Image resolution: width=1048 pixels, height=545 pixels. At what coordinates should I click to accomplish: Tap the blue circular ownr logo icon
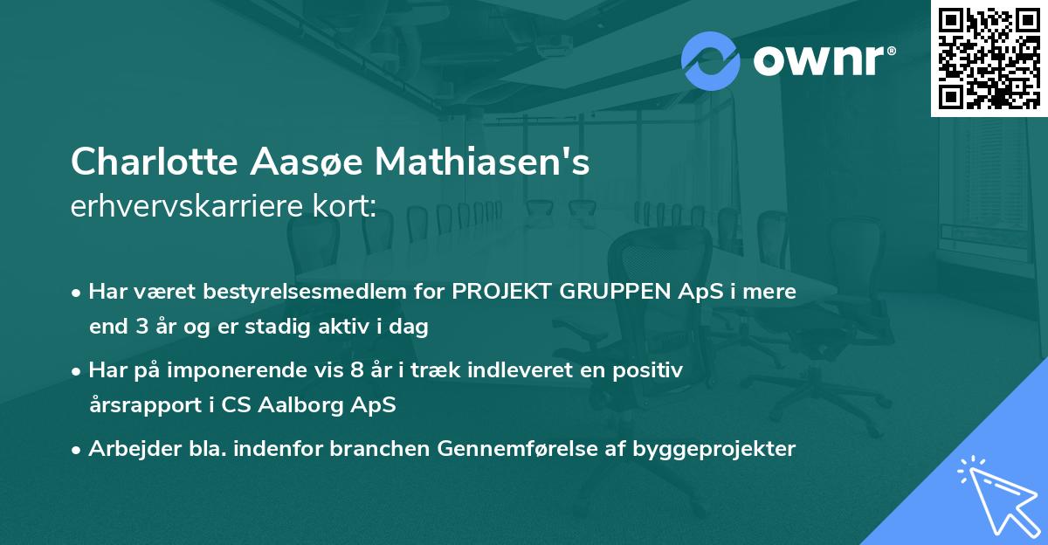coord(709,60)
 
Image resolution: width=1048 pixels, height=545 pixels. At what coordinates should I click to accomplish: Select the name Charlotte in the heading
coord(154,162)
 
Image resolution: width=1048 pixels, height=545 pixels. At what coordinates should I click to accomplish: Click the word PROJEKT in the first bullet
coord(494,292)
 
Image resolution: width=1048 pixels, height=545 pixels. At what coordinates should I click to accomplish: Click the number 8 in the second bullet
coord(355,370)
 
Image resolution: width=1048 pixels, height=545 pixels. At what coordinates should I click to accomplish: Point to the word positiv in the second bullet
coord(651,370)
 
